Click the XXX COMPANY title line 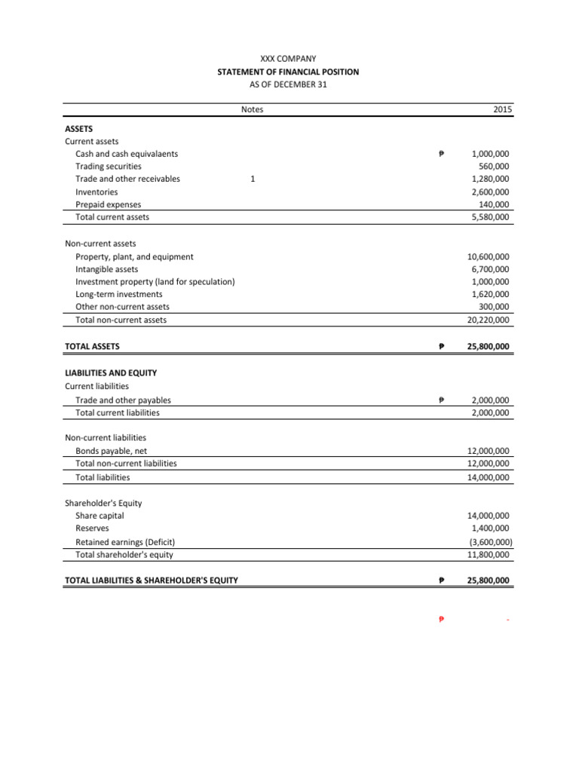[289, 59]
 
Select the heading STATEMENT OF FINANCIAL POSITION [289, 72]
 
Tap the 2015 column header [503, 110]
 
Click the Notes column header [253, 110]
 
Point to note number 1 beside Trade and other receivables [253, 179]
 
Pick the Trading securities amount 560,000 [494, 167]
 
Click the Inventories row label [96, 192]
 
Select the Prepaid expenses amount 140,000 [494, 204]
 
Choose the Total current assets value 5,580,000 [489, 217]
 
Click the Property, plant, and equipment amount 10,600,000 [488, 257]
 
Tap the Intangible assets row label [106, 269]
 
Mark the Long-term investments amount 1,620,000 [489, 295]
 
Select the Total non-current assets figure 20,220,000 [488, 320]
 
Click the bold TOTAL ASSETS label [93, 347]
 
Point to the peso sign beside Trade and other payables [441, 400]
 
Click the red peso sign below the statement [441, 620]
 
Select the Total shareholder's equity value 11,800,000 [488, 555]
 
